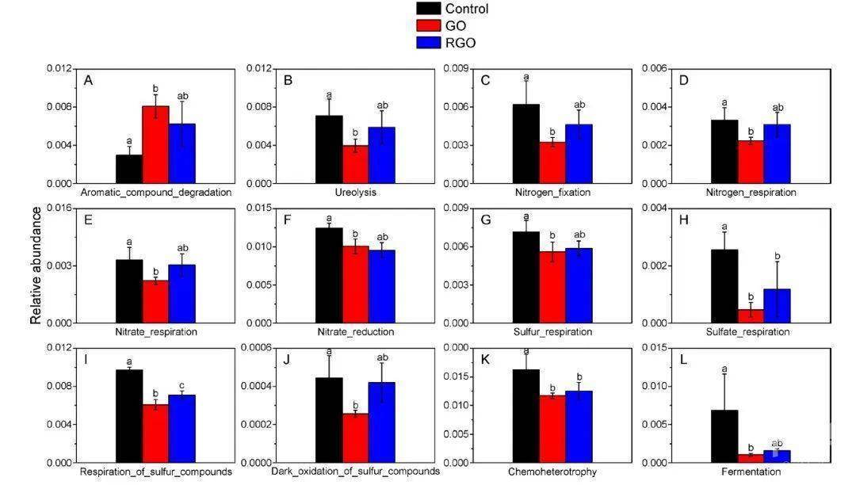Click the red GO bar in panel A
pyautogui.click(x=155, y=144)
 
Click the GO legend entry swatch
pyautogui.click(x=429, y=25)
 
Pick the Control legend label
pyautogui.click(x=467, y=9)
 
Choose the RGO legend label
pyautogui.click(x=460, y=43)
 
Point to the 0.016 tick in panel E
pyautogui.click(x=59, y=208)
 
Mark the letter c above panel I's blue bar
pyautogui.click(x=182, y=385)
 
